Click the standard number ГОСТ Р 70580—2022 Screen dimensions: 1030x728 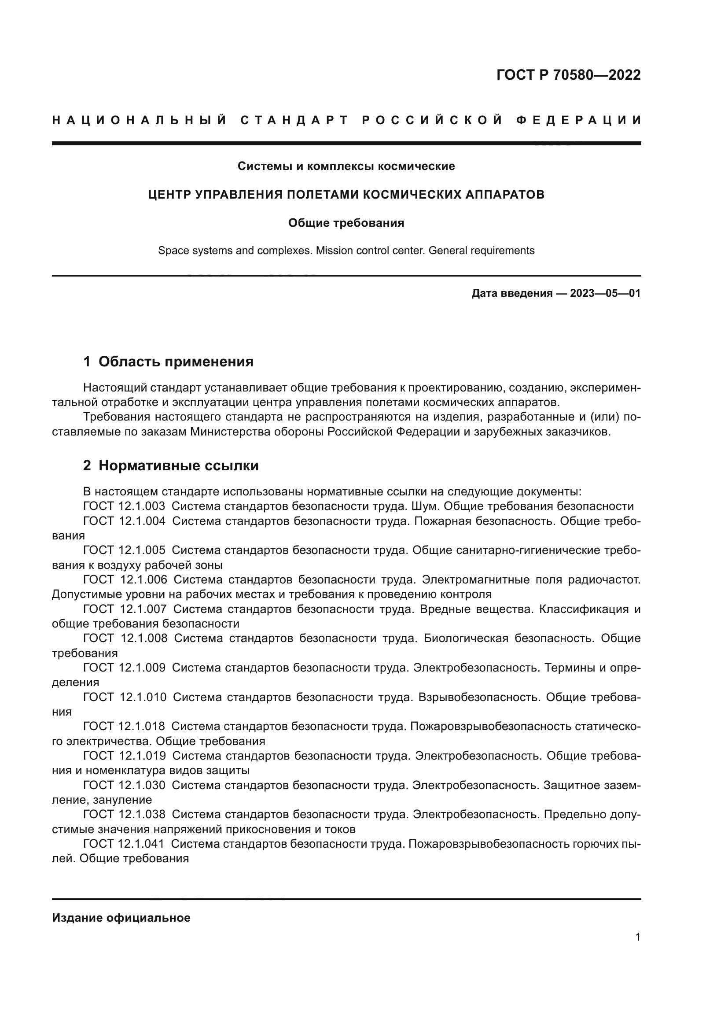(568, 75)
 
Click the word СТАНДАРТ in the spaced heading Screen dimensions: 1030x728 (294, 120)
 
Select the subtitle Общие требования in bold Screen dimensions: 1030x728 (346, 223)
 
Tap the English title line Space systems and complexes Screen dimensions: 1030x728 (346, 250)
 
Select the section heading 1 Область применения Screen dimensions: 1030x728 (168, 362)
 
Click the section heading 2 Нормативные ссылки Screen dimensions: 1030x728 (171, 465)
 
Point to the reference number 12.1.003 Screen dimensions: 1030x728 (142, 506)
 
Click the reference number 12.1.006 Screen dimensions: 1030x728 (143, 580)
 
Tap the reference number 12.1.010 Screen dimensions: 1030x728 (143, 698)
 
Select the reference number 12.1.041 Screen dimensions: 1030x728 (141, 844)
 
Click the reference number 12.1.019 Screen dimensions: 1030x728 (142, 757)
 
